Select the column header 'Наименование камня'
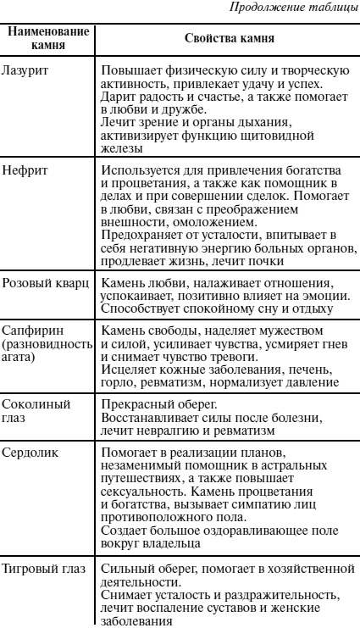pyautogui.click(x=47, y=38)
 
